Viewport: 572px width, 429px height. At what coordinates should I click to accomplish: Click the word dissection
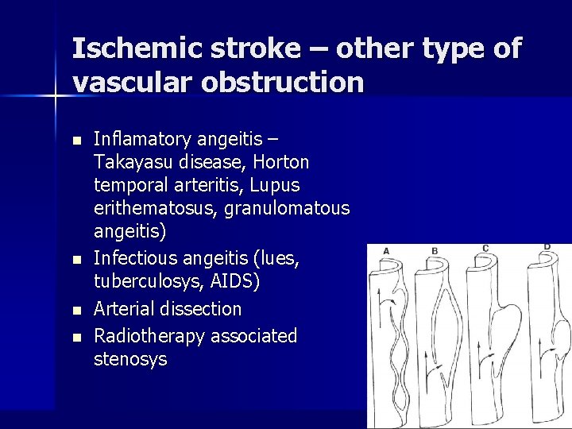pos(203,308)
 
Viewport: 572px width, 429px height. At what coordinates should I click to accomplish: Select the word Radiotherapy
pos(149,336)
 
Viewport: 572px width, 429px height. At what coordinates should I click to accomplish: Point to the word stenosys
pos(130,359)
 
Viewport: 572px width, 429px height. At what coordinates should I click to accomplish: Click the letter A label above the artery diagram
pos(386,250)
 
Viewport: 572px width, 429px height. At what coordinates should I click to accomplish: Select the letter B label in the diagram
pos(435,251)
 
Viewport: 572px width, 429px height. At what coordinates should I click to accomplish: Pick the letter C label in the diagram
pos(485,249)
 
